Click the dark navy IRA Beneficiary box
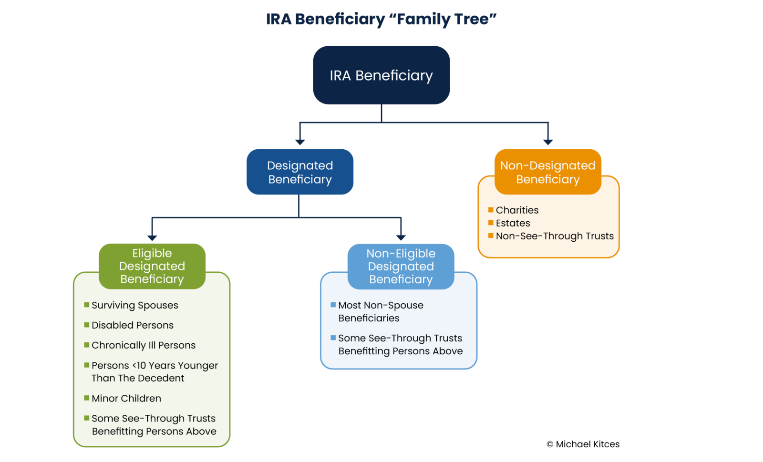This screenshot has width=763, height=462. tap(381, 75)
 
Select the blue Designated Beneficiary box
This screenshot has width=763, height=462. tap(300, 172)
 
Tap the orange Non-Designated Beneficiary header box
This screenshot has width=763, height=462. tap(547, 172)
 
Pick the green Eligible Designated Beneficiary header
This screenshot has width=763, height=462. tap(152, 266)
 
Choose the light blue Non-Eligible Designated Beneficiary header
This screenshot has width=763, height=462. tap(401, 267)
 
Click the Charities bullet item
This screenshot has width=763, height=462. tap(517, 210)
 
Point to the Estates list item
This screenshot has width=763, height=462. tap(513, 223)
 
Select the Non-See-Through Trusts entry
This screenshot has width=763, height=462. tap(555, 236)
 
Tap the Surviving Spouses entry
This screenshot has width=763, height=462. tap(134, 305)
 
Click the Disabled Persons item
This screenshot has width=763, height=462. tap(133, 325)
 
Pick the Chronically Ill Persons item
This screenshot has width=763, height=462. tap(144, 345)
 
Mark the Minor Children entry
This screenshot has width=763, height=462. tap(126, 398)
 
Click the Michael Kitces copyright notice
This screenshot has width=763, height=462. tap(583, 444)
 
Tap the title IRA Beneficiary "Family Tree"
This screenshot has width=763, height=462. tap(381, 19)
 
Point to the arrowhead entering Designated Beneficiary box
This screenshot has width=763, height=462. tap(300, 142)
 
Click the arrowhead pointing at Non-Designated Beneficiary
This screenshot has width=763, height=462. tap(548, 142)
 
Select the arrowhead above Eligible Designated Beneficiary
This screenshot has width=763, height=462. tap(152, 237)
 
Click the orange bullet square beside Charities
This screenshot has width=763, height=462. tap(491, 210)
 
